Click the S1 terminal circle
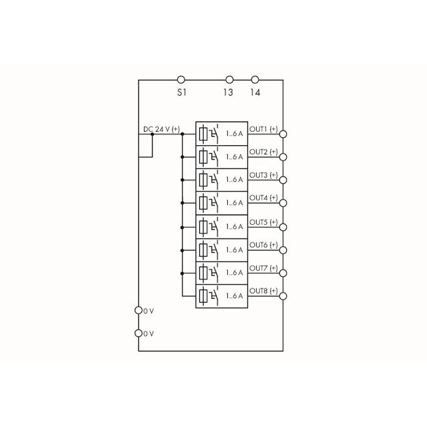181,80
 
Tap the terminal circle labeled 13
230,80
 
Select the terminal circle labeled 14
255,80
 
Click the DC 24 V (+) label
162,129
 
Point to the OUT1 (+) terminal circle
283,134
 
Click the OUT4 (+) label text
263,198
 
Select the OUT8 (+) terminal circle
283,296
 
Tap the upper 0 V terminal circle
139,310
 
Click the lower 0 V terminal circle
139,333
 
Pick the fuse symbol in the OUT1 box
203,134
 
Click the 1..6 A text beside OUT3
234,180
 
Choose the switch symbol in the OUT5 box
214,226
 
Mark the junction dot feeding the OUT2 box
182,157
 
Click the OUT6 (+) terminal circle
283,250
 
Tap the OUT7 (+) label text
263,268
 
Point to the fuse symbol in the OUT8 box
203,296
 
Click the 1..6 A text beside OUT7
234,273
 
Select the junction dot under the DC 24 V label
152,134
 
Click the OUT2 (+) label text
263,152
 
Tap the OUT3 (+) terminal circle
283,180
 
